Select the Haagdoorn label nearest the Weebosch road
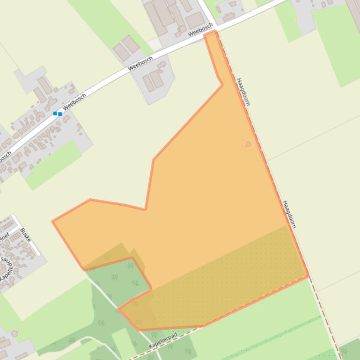[243, 92]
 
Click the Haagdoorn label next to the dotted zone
[289, 214]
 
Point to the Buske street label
[25, 235]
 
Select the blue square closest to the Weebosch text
[60, 114]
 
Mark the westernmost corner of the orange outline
[53, 221]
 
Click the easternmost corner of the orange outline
[308, 276]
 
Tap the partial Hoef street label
[4, 237]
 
